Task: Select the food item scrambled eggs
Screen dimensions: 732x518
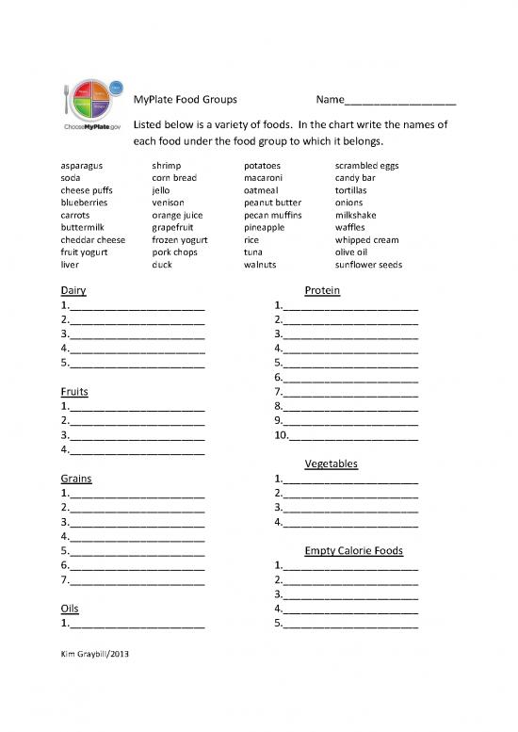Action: pyautogui.click(x=366, y=166)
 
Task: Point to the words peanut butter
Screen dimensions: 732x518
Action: pyautogui.click(x=272, y=203)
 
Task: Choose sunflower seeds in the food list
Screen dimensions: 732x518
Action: pyautogui.click(x=368, y=265)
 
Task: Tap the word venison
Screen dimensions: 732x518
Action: pyautogui.click(x=168, y=203)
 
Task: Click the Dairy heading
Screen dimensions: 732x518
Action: pyautogui.click(x=73, y=291)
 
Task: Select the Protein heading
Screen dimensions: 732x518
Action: pyautogui.click(x=323, y=291)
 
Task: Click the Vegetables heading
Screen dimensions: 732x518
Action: pyautogui.click(x=332, y=464)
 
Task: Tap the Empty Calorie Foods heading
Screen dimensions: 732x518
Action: pyautogui.click(x=354, y=550)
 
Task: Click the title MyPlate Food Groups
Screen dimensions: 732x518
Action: pyautogui.click(x=186, y=99)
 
